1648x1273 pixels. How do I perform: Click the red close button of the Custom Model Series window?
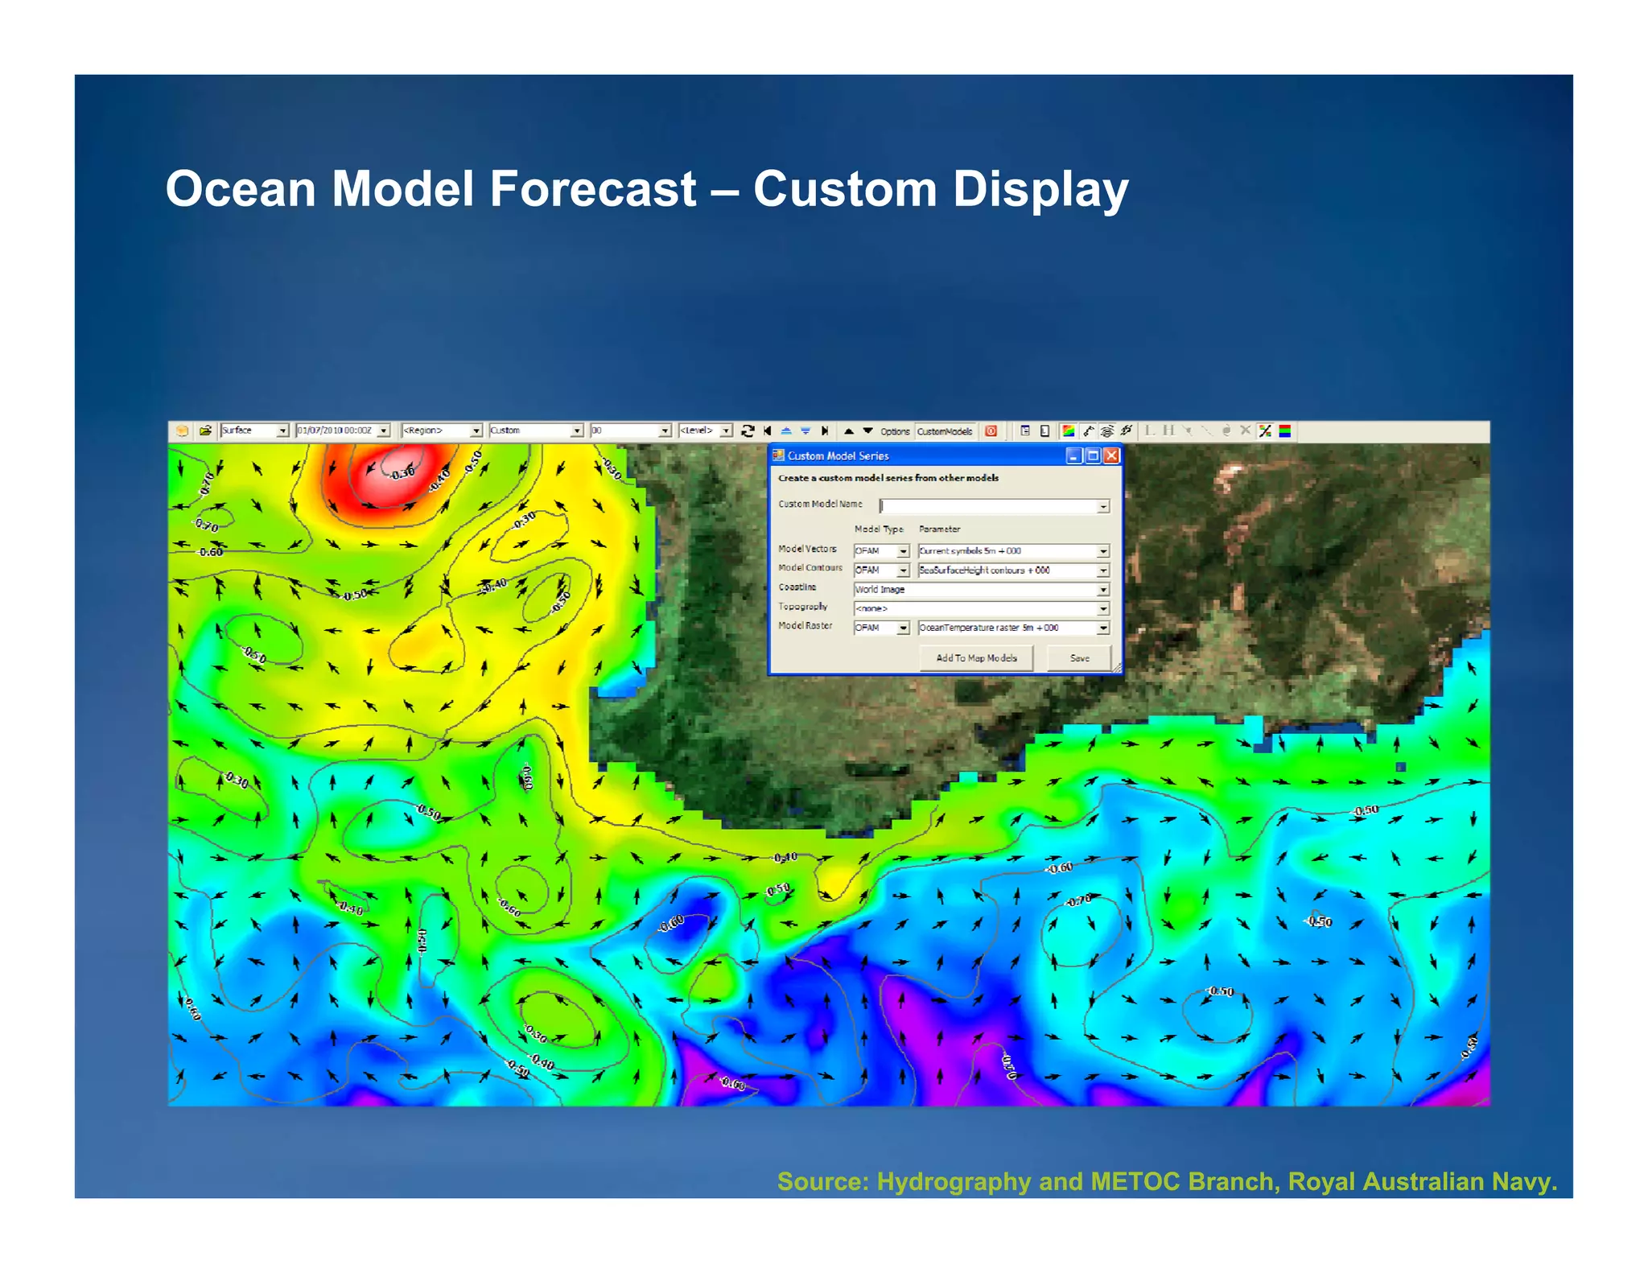click(1111, 455)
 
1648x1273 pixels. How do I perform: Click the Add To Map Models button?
click(976, 658)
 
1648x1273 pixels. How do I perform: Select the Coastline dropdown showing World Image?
click(981, 590)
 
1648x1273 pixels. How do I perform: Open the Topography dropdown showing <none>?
click(981, 609)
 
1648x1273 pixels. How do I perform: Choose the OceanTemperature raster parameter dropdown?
click(1013, 628)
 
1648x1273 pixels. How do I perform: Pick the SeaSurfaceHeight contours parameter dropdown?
click(1013, 571)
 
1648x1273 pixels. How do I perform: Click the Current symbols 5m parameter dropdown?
click(1013, 551)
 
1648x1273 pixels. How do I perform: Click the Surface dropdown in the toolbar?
click(253, 431)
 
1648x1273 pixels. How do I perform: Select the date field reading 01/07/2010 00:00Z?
click(342, 431)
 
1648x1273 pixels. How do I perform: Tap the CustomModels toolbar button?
click(945, 431)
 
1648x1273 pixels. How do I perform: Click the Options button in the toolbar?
click(894, 431)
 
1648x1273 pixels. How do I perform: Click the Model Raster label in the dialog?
click(805, 626)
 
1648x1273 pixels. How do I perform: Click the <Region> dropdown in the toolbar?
click(441, 431)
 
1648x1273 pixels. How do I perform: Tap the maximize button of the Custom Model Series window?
click(1093, 455)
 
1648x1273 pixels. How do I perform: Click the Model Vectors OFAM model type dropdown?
click(880, 551)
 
